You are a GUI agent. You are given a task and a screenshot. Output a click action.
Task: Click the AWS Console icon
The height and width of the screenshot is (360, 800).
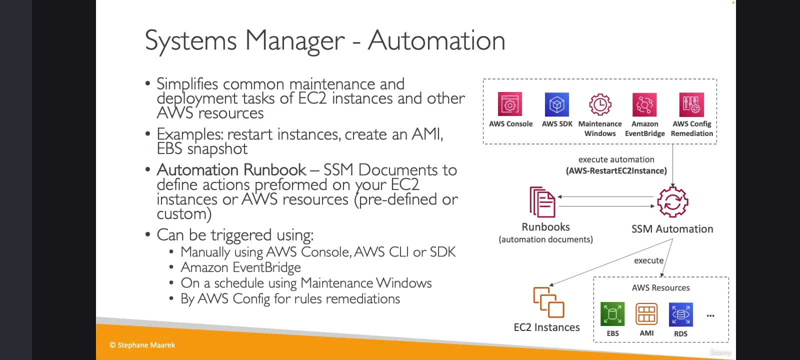pyautogui.click(x=510, y=104)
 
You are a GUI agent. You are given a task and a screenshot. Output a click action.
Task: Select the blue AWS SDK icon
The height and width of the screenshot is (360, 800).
pyautogui.click(x=557, y=104)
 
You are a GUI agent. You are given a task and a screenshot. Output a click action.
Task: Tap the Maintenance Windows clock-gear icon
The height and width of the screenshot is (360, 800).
pyautogui.click(x=600, y=104)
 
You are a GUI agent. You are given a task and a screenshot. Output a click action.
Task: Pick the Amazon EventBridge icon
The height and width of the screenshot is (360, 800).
pyautogui.click(x=644, y=104)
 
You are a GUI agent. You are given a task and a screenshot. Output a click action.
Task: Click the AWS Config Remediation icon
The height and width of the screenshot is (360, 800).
pyautogui.click(x=691, y=104)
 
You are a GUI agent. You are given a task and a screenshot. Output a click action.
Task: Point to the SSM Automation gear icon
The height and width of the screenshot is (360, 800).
pyautogui.click(x=672, y=201)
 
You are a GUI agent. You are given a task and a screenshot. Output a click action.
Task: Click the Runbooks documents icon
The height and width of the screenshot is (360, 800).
pyautogui.click(x=542, y=202)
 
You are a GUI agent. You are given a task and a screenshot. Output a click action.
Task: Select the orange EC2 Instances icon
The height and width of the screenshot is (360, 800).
pyautogui.click(x=548, y=302)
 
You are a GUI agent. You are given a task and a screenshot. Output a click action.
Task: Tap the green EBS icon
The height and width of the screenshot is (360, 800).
pyautogui.click(x=612, y=314)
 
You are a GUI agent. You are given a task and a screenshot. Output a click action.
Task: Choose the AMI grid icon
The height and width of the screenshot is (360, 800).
pyautogui.click(x=646, y=314)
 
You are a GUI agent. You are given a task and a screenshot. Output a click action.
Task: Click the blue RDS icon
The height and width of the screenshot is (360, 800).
pyautogui.click(x=680, y=314)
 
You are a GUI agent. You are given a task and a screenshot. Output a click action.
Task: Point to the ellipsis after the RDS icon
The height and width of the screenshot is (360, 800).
pyautogui.click(x=710, y=315)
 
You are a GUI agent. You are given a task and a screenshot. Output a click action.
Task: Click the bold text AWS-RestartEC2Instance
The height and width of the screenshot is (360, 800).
pyautogui.click(x=616, y=170)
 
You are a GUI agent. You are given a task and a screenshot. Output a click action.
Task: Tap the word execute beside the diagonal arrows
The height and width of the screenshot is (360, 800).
pyautogui.click(x=648, y=260)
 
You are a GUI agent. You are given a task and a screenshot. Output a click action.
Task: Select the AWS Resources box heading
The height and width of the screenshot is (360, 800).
pyautogui.click(x=660, y=287)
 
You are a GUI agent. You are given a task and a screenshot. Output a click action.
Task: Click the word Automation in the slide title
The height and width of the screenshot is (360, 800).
pyautogui.click(x=436, y=40)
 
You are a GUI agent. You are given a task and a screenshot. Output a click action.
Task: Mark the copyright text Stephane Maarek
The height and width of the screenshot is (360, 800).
pyautogui.click(x=146, y=345)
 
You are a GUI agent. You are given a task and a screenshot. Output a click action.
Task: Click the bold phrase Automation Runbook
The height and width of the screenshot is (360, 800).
pyautogui.click(x=231, y=169)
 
